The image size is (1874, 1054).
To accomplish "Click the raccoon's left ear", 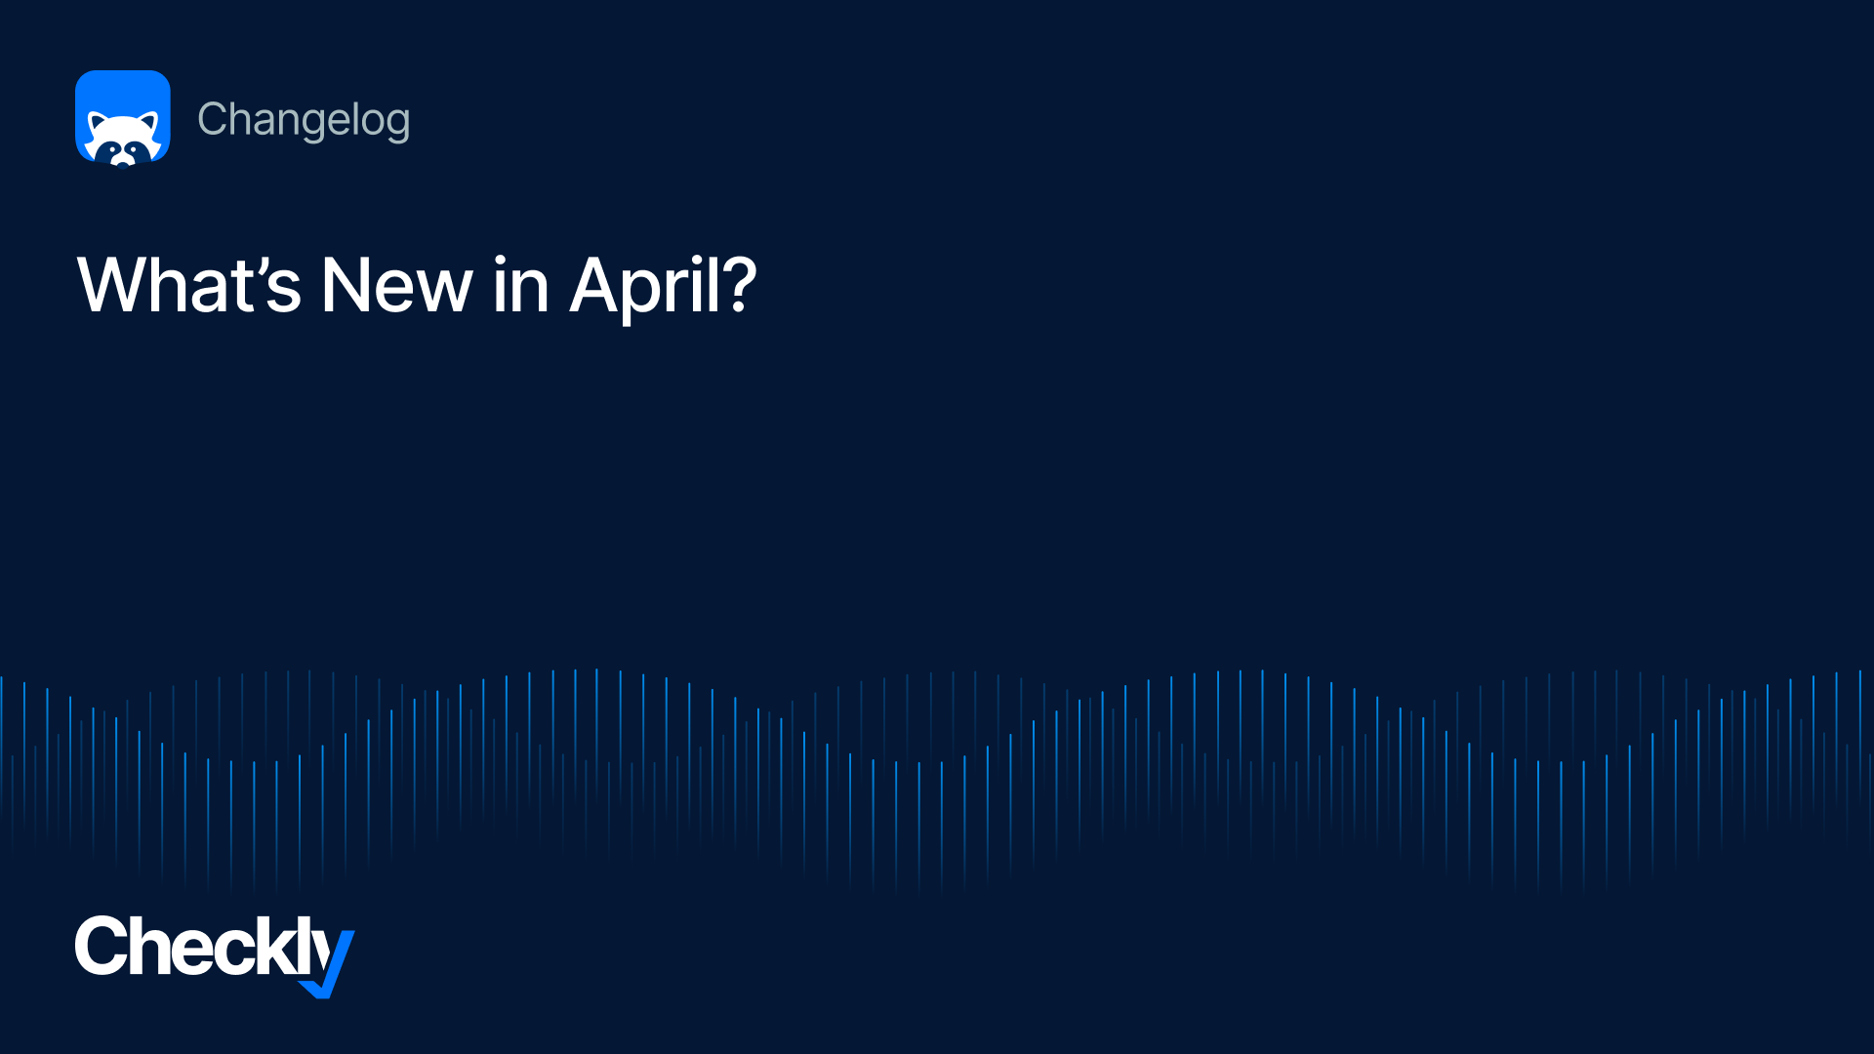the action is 98,124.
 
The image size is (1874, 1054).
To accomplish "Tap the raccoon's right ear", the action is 148,124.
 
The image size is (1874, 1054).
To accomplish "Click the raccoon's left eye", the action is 112,149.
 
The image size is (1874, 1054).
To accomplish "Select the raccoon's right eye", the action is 134,149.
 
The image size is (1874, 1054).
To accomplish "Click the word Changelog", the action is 304,120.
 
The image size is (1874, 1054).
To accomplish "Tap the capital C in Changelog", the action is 213,119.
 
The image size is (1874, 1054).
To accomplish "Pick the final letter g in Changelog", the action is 397,125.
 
